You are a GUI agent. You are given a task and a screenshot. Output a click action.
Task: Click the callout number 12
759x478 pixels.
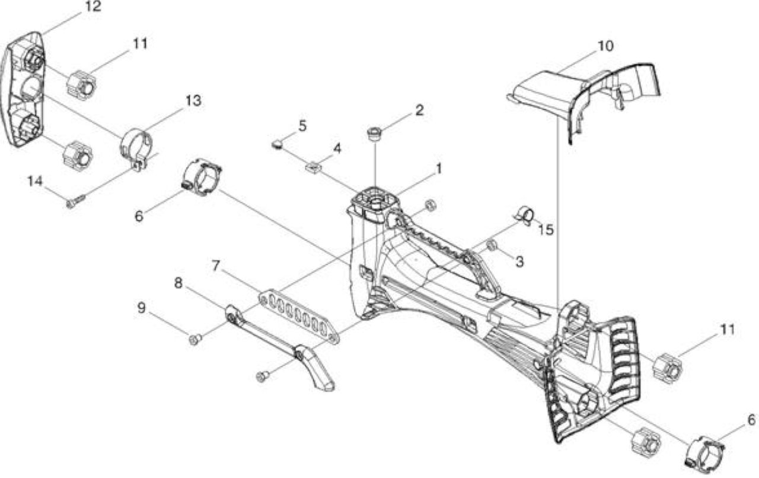pos(93,7)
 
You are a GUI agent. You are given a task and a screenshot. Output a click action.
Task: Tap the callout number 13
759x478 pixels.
pos(193,101)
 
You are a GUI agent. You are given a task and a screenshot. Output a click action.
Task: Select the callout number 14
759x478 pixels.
pos(35,181)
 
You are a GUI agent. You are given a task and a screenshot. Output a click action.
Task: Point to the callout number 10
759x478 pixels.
pos(605,46)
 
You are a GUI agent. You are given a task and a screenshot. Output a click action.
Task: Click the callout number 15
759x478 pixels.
pos(546,230)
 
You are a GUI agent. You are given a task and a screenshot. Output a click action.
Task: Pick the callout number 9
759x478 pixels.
pos(142,308)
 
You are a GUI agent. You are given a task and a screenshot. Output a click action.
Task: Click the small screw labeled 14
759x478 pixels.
pos(76,201)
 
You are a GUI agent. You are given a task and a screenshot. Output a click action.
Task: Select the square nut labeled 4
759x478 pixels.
pos(314,167)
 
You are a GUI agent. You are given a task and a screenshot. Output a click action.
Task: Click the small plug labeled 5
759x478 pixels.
pos(277,145)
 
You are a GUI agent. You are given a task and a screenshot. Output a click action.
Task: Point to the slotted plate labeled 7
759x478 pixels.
pos(299,316)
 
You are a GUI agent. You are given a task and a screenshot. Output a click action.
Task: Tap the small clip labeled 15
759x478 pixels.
pos(526,216)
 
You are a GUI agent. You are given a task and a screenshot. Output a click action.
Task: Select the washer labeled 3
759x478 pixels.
pos(492,245)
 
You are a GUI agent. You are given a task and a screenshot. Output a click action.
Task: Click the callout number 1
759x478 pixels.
pos(439,169)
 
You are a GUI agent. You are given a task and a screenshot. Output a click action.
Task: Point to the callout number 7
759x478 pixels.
pos(216,265)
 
